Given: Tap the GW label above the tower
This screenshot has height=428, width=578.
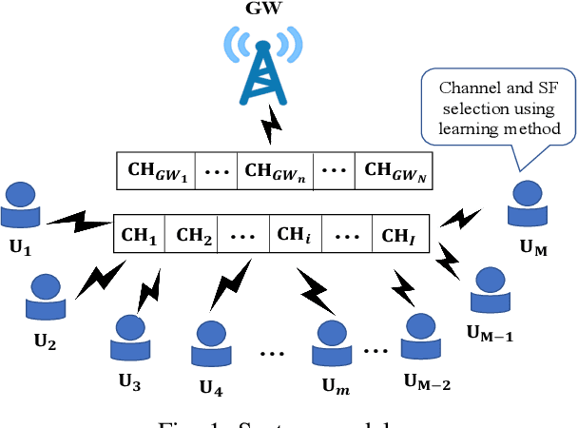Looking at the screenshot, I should pyautogui.click(x=262, y=10).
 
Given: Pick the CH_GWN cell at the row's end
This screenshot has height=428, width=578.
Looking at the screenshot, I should pyautogui.click(x=390, y=171).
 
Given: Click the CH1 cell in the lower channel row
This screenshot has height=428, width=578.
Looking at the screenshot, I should pyautogui.click(x=139, y=233).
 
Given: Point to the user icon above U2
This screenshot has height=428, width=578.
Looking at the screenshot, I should pyautogui.click(x=46, y=297).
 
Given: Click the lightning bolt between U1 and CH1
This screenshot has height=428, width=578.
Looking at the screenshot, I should pyautogui.click(x=79, y=224).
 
